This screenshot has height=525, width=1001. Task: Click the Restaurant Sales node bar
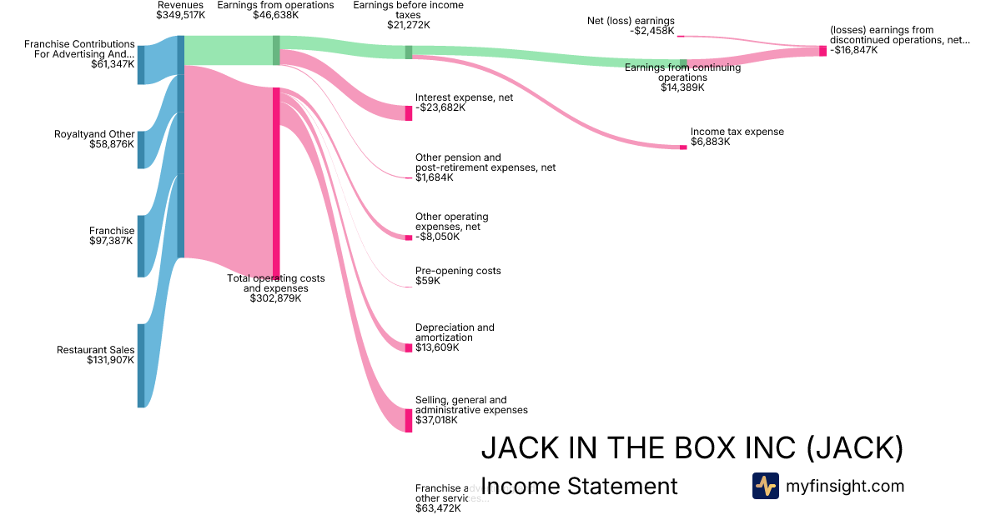coord(141,366)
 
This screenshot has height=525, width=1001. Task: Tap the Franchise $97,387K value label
coord(112,241)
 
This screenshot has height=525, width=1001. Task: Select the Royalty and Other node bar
coord(141,149)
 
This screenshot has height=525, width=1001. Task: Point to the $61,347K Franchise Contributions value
coord(113,64)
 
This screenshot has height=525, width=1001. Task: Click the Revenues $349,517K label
coord(180,14)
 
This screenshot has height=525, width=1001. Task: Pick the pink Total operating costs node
coord(276,181)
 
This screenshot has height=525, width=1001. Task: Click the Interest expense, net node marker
coord(409,112)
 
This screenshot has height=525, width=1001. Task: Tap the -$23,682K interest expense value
coord(440,107)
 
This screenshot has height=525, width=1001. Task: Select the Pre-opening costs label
coord(458,271)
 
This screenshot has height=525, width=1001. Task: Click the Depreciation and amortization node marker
coord(409,347)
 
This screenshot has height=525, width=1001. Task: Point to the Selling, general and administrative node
coord(409,420)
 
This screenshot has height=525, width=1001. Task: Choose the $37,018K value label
coord(438,420)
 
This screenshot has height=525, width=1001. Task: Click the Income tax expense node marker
coord(683,147)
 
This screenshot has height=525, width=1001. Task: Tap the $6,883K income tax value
coord(710,142)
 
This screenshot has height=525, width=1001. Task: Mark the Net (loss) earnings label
coord(631,20)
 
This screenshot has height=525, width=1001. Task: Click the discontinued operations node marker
coord(822,51)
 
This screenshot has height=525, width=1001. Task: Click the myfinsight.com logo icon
coord(765,486)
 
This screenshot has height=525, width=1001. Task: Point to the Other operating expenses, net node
coord(409,237)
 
